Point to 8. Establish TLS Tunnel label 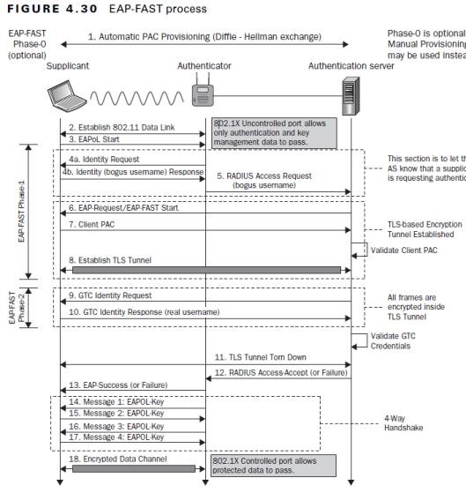pos(115,259)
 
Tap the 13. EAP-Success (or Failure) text pos(124,385)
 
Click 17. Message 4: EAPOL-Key pos(116,437)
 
